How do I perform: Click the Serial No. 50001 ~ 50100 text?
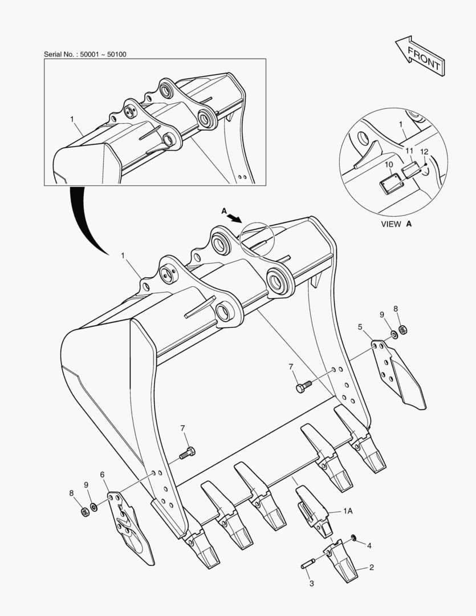[x=85, y=54]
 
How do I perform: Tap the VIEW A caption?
[x=396, y=224]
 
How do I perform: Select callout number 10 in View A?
[x=389, y=164]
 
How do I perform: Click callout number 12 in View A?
[x=424, y=152]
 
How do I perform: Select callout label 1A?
[x=347, y=512]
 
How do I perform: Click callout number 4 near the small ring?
[x=369, y=546]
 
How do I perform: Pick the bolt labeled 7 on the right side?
[x=304, y=387]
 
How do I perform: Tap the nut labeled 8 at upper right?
[x=402, y=329]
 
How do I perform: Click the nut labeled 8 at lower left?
[x=84, y=512]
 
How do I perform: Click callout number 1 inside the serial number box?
[x=72, y=119]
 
